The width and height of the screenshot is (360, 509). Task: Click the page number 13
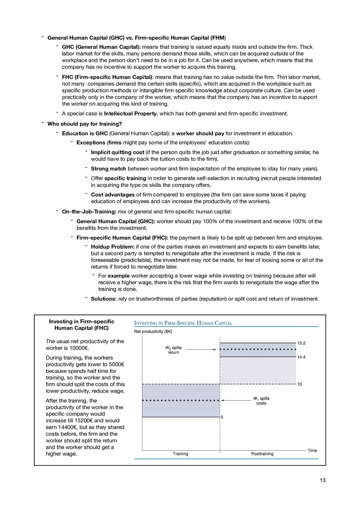coord(323,480)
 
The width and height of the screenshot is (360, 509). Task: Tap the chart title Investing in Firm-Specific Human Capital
coord(183,323)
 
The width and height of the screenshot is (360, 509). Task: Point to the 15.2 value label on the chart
coord(301,343)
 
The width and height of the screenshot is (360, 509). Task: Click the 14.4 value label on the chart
coord(301,357)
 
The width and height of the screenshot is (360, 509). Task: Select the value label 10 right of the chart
coord(299,384)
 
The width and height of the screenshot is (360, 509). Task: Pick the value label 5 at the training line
coord(222,417)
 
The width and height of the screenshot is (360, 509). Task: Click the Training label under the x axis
coord(180,454)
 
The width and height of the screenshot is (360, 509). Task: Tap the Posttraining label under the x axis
coord(262,454)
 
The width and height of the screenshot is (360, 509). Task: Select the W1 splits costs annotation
coord(261,401)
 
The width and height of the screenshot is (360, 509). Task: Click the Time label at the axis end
coord(312,451)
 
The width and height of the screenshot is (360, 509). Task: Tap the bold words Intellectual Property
coord(130,114)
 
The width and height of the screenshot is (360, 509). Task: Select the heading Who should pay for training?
coord(85,124)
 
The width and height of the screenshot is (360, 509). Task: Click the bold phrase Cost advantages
coord(112,195)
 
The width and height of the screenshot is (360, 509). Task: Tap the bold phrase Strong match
coord(108,168)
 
